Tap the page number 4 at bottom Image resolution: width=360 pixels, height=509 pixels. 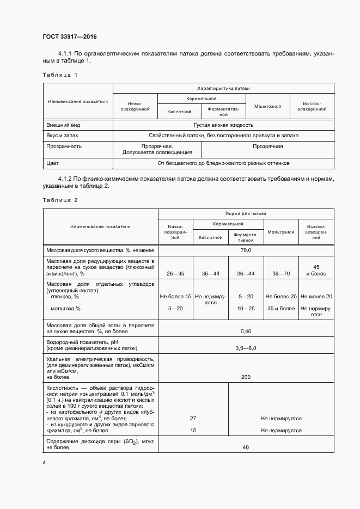coord(44,462)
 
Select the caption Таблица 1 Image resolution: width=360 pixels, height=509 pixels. coord(60,75)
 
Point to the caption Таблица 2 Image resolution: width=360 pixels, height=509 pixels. coord(60,200)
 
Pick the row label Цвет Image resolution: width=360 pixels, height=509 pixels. coord(53,163)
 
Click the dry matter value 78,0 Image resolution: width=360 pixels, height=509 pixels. coord(246,250)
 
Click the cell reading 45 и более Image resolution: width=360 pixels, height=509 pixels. coord(316,271)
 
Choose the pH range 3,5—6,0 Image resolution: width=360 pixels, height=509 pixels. coord(246,347)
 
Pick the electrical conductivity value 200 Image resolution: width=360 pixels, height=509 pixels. coord(246,377)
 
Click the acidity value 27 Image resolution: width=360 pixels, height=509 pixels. coord(193,419)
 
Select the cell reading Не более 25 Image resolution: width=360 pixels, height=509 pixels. coord(280,297)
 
